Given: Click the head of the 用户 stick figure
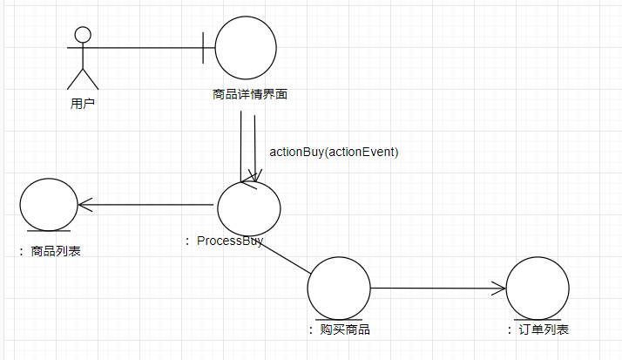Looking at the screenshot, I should point(83,35).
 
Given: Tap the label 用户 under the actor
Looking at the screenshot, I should point(83,103).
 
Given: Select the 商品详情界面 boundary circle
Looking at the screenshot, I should point(246,48).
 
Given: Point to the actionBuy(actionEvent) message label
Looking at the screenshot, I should point(334,152).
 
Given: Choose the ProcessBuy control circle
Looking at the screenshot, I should point(249,206).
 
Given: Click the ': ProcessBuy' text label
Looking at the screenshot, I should point(225,241).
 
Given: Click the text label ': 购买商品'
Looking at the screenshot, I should point(339,329).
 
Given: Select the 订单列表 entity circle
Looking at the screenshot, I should point(537,288).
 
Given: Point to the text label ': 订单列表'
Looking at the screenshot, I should point(537,329).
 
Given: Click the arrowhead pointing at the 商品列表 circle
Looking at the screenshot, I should point(83,206).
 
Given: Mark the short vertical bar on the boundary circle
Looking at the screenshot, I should point(204,48).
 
